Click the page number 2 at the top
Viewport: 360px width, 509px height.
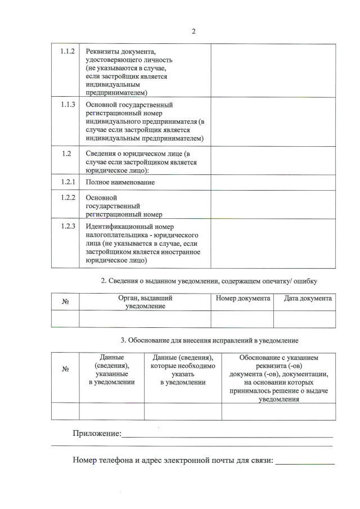pos(193,31)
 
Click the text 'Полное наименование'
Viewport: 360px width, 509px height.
pos(120,183)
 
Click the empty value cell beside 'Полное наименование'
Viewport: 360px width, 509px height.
pos(273,183)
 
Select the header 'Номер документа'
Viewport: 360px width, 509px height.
pos(243,298)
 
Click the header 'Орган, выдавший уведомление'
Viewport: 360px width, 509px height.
pos(145,302)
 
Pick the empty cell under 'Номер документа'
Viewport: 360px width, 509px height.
pos(242,319)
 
